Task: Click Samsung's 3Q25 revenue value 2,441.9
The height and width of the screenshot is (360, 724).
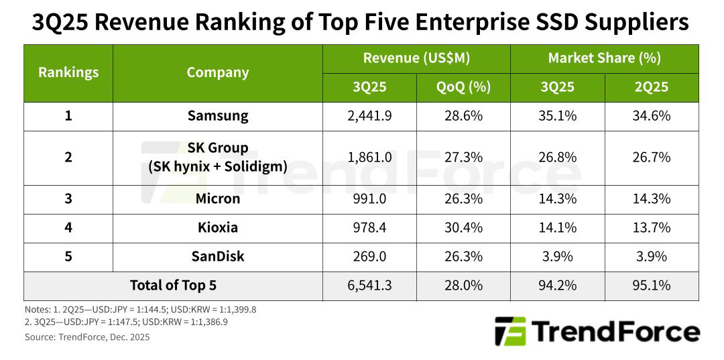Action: pos(369,116)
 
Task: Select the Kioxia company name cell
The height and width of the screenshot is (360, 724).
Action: pos(217,228)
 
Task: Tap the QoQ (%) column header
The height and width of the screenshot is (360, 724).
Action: pos(463,87)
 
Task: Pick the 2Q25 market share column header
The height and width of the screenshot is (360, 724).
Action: pos(651,87)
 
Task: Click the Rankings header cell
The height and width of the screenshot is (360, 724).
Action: pos(68,72)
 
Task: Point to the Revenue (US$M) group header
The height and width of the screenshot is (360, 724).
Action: pos(416,58)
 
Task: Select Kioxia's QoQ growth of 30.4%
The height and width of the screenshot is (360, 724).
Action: pos(463,228)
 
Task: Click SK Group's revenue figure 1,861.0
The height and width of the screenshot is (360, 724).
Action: pos(369,158)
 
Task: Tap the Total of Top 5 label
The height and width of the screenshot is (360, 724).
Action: pos(173,286)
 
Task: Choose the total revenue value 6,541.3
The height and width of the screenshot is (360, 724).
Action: pos(369,286)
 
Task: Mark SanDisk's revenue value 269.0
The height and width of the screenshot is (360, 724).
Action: pos(369,257)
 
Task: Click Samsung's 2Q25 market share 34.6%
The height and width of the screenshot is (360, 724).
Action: pos(651,116)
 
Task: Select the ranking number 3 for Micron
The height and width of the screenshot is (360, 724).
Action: pos(68,199)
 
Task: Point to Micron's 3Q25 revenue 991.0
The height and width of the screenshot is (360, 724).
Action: pos(369,199)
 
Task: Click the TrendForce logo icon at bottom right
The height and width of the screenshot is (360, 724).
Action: pos(510,331)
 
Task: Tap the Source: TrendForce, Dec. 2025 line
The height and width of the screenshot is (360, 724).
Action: pos(86,337)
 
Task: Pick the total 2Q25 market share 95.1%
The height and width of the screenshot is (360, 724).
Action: pos(651,286)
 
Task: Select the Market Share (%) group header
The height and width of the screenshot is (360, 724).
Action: pos(604,58)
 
